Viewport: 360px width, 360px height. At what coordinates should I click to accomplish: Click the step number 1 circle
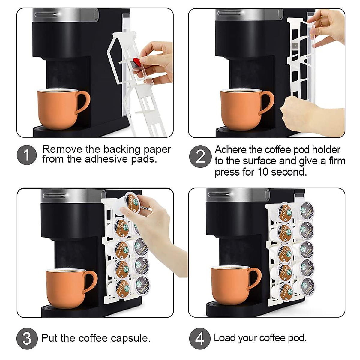click(x=27, y=155)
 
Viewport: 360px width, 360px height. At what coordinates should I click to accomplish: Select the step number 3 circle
click(x=27, y=338)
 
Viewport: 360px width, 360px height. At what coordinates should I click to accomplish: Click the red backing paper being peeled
click(x=136, y=62)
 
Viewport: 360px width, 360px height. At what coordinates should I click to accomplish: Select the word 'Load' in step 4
click(x=224, y=338)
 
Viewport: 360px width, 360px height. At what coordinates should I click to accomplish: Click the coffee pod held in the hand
click(x=132, y=202)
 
